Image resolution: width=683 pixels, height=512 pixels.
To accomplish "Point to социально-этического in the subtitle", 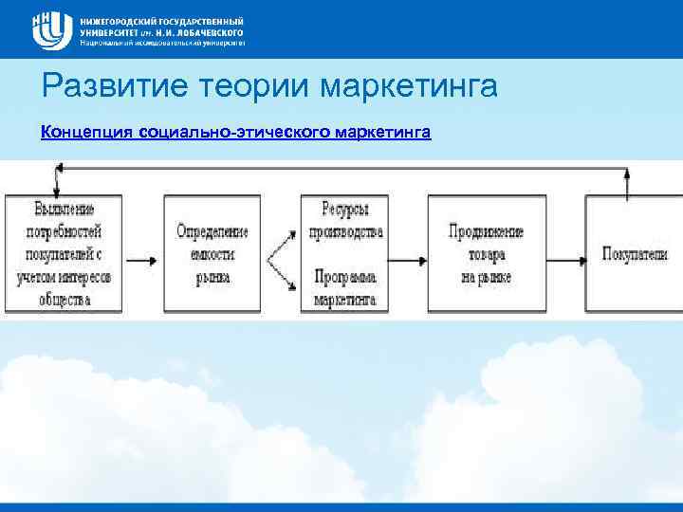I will point(233,133).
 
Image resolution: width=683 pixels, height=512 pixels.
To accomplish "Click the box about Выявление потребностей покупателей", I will point(64,254).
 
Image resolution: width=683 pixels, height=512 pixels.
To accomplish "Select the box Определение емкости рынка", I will point(212,254).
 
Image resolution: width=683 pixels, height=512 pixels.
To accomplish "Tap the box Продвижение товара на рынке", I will point(486,254).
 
